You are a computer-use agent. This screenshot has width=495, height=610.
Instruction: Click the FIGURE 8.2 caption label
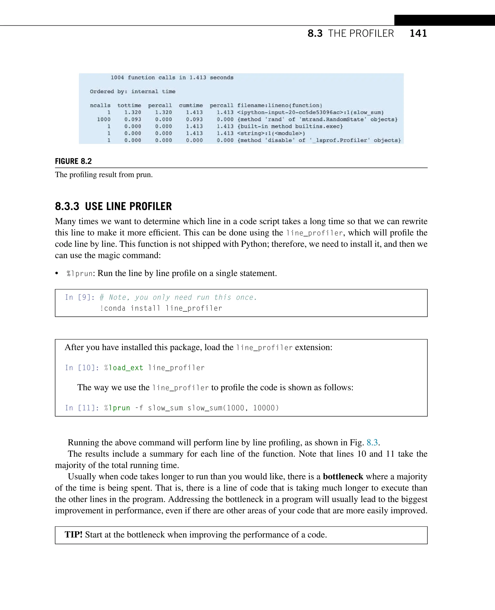(73, 161)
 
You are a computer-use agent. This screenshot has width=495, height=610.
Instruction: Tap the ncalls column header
(100, 106)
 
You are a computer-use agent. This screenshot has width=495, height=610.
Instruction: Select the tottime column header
(129, 106)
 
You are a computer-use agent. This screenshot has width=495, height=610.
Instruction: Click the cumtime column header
(191, 106)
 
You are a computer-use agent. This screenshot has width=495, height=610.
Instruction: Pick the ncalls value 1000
(103, 119)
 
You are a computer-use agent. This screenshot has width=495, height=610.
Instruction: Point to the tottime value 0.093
(133, 119)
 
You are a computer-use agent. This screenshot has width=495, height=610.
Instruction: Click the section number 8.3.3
(67, 206)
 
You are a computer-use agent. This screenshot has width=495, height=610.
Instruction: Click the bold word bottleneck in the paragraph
(343, 476)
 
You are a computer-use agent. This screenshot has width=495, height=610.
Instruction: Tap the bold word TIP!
(73, 534)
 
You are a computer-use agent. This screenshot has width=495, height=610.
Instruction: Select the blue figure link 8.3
(372, 442)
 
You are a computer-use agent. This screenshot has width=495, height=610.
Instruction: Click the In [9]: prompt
(80, 298)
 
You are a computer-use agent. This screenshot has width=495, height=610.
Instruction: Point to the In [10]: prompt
(82, 368)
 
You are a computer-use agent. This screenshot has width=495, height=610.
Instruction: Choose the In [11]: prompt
(82, 408)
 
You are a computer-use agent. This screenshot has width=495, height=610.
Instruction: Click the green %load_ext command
(124, 368)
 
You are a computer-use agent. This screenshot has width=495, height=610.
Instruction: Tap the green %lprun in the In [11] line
(117, 408)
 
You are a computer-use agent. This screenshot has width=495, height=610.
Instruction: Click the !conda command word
(113, 308)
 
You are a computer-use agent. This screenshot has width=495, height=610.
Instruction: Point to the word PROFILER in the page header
(372, 34)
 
